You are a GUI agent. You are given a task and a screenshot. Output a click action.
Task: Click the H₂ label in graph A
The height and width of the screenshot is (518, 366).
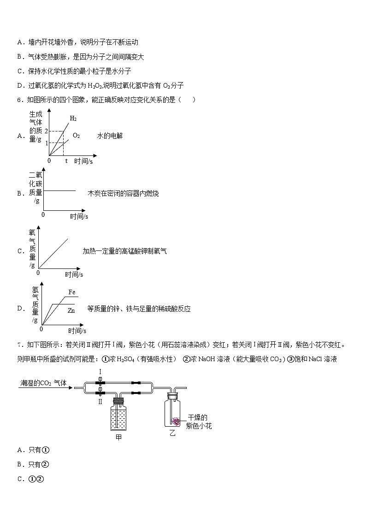(x=73, y=119)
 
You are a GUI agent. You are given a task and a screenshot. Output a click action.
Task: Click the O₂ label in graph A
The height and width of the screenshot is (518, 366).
(x=76, y=136)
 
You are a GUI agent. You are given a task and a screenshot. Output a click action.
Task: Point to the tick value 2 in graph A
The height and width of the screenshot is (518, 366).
(x=46, y=131)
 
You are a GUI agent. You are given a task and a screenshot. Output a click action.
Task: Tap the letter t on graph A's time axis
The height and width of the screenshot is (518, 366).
(x=65, y=161)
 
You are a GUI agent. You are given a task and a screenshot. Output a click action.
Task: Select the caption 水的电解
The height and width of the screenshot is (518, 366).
(x=110, y=136)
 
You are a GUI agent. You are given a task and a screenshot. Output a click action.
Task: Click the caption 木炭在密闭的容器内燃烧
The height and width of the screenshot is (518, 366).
(x=123, y=194)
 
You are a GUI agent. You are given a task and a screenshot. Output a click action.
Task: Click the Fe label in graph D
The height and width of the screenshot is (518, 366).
(x=71, y=292)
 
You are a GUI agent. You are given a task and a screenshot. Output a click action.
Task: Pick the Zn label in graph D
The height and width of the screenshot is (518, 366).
(x=71, y=310)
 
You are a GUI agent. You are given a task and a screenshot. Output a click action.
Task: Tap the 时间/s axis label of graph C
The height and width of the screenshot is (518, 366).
(x=74, y=274)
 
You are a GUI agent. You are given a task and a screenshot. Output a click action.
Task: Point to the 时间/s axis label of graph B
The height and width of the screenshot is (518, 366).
(x=79, y=216)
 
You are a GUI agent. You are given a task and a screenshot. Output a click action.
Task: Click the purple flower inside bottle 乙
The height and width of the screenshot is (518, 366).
(x=176, y=421)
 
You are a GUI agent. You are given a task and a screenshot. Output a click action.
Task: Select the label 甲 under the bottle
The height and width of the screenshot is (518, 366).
(x=118, y=437)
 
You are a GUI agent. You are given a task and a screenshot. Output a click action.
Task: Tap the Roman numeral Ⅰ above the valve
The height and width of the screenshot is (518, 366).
(x=100, y=372)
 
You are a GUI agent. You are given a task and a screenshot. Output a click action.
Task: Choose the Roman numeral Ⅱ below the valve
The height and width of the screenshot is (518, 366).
(x=100, y=401)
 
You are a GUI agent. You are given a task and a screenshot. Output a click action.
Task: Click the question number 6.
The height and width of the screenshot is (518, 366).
(x=19, y=100)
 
